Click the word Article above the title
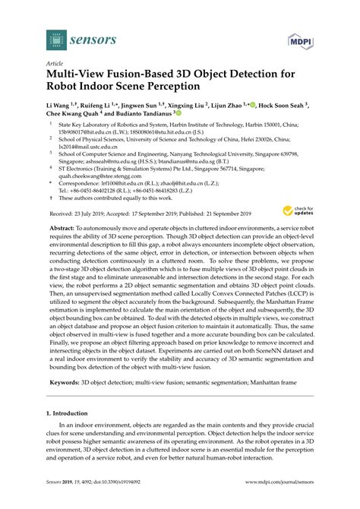click(54, 65)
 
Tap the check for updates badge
click(302, 210)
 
